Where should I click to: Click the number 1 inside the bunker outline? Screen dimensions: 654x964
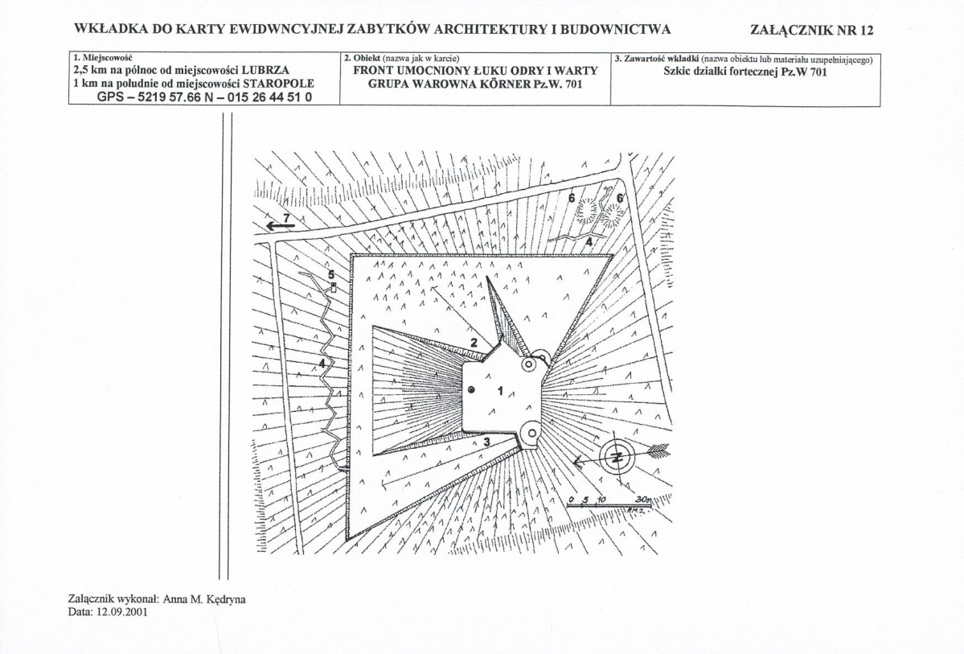500,391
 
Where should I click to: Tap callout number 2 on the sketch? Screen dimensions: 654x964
474,343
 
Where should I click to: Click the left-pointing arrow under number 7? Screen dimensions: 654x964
280,228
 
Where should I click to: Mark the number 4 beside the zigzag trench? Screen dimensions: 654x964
322,364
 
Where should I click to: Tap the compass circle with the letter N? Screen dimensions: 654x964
617,456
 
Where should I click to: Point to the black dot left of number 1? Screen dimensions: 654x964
472,390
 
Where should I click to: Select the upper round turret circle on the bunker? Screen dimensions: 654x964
528,364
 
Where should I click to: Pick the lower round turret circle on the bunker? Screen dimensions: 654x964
531,434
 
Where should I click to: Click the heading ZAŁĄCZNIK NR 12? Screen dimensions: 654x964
810,31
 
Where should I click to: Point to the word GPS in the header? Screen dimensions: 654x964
111,96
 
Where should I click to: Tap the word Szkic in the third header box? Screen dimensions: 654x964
680,72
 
